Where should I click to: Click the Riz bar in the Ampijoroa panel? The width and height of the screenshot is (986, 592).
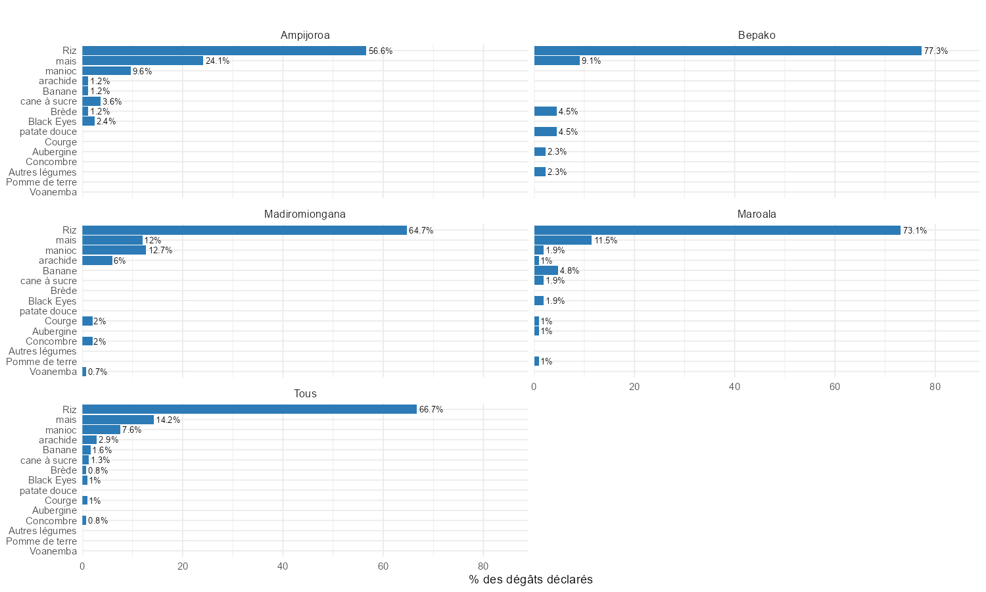pos(223,51)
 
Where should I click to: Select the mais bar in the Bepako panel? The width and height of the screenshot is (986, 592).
pos(557,61)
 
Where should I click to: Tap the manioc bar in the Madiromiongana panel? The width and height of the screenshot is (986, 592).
pos(114,251)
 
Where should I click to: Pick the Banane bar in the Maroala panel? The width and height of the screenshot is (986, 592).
pos(546,270)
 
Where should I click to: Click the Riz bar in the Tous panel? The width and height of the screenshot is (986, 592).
pos(249,409)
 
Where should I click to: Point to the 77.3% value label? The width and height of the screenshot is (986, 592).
pos(935,51)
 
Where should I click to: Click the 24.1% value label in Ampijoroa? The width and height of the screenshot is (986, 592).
pos(218,61)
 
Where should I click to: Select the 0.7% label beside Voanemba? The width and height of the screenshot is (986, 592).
pos(97,372)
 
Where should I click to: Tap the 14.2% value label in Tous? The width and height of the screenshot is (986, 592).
pos(168,420)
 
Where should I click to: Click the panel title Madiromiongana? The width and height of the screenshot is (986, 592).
pos(304,214)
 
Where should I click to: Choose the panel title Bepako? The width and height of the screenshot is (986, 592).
pos(757,35)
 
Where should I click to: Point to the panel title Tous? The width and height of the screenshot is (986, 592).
pos(304,393)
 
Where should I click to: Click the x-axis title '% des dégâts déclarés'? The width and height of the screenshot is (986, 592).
pos(530,580)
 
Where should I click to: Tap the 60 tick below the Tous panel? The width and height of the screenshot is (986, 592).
pos(383,566)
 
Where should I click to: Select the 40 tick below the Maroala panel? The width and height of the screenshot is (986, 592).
pos(734,387)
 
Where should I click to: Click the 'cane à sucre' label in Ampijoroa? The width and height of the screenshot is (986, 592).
pos(49,101)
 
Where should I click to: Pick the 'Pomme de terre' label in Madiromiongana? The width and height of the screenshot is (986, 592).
pos(41,362)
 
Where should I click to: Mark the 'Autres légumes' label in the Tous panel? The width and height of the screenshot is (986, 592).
pos(43,531)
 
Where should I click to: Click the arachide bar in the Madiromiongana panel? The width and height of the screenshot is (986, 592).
pos(97,260)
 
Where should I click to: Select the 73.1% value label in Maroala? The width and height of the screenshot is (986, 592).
pos(914,231)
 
